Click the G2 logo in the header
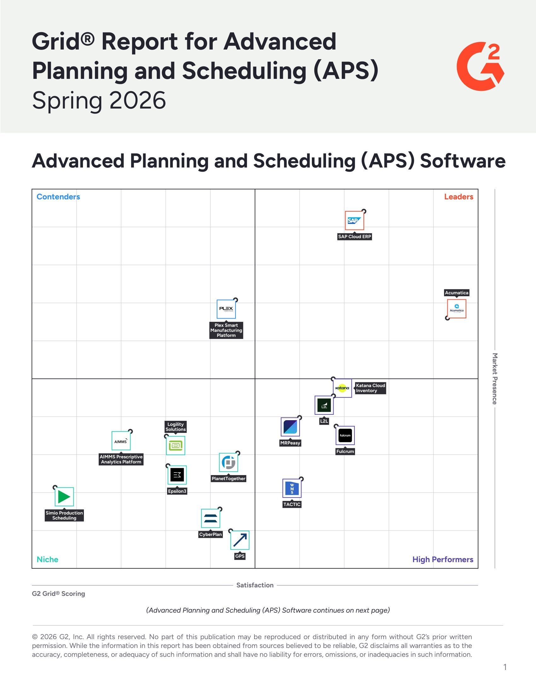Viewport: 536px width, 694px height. [x=480, y=66]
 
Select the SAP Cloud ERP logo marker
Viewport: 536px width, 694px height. [x=354, y=220]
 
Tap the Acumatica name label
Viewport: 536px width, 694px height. [x=456, y=293]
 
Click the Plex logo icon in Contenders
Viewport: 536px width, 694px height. [x=226, y=309]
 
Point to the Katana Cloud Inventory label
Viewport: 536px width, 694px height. [x=370, y=388]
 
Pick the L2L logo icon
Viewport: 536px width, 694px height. [x=324, y=405]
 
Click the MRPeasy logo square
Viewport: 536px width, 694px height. [x=290, y=427]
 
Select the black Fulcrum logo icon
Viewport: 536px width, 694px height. [x=345, y=435]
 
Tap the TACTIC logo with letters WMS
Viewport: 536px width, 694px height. [x=292, y=488]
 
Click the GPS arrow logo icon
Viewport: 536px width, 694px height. [x=240, y=540]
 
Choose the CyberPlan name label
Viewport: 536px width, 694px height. [x=210, y=534]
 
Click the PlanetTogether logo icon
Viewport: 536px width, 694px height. [x=228, y=462]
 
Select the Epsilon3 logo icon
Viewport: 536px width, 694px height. [x=177, y=475]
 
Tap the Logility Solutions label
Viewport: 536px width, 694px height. [x=175, y=427]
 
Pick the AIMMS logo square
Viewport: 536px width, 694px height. [x=121, y=441]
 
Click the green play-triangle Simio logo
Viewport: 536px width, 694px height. [x=64, y=496]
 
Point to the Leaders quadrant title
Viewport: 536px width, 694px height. [x=458, y=197]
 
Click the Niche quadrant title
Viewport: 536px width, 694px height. [x=47, y=559]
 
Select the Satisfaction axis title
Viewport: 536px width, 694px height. [x=255, y=585]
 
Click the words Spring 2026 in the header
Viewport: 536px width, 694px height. [x=99, y=100]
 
